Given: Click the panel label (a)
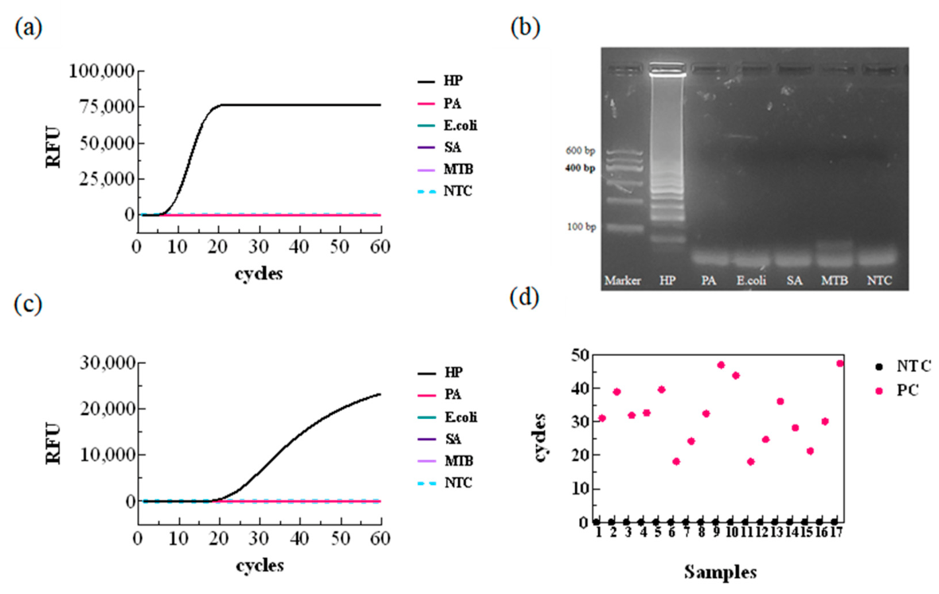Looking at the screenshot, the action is pyautogui.click(x=28, y=28).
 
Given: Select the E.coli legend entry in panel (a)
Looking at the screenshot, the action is pyautogui.click(x=448, y=125).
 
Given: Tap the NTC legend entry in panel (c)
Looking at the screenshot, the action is pyautogui.click(x=445, y=483).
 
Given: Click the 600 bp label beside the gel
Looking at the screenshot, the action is pyautogui.click(x=581, y=151).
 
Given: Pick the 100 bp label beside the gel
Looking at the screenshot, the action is pyautogui.click(x=581, y=227).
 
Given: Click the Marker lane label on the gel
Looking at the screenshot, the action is pyautogui.click(x=622, y=280).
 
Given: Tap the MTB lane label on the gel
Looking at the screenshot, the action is pyautogui.click(x=834, y=280).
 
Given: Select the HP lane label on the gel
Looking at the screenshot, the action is pyautogui.click(x=667, y=280).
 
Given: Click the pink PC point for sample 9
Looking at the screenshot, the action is pyautogui.click(x=721, y=365).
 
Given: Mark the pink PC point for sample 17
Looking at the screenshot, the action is pyautogui.click(x=840, y=363).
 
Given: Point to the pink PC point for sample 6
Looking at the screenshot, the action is pyautogui.click(x=676, y=461).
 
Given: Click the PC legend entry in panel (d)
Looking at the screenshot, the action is pyautogui.click(x=897, y=390).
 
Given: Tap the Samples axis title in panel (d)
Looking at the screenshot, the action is pyautogui.click(x=721, y=572).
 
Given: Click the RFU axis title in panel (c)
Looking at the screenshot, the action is pyautogui.click(x=54, y=443).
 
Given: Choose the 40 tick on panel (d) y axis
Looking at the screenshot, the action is pyautogui.click(x=578, y=389).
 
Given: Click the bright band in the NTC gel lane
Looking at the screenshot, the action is pyautogui.click(x=878, y=257).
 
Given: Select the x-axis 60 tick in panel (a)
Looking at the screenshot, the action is pyautogui.click(x=380, y=247).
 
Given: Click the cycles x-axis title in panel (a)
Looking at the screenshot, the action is pyautogui.click(x=259, y=274).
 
